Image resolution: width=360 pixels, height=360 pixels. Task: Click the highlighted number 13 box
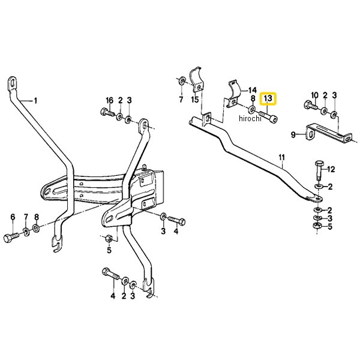coord(268,98)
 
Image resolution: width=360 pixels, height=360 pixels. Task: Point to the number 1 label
coord(35,100)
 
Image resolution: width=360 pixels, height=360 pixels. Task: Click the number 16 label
coord(109,100)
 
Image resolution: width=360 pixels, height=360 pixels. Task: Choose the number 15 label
coord(194,99)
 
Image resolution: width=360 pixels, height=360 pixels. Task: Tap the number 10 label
coord(314,95)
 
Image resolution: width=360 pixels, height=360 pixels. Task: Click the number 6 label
coord(12,217)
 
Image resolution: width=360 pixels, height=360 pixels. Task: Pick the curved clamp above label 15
coord(196,80)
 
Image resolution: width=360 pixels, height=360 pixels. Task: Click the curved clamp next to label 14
coord(234,92)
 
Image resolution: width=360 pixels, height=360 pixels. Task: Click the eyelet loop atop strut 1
coord(13,83)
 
